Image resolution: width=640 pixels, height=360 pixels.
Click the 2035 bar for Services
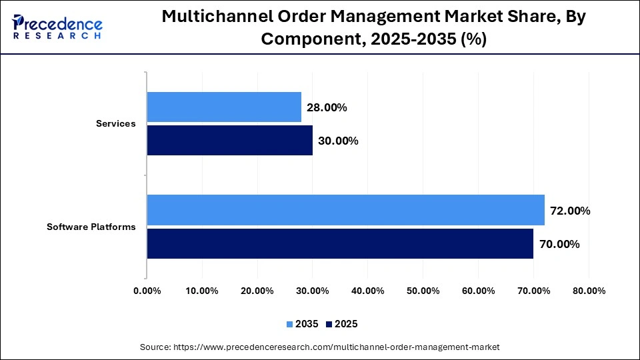click(224, 107)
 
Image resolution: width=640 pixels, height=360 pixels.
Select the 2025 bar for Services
click(229, 141)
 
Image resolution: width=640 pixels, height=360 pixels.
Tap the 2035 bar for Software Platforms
click(345, 210)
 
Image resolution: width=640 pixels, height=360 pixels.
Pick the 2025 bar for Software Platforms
click(340, 243)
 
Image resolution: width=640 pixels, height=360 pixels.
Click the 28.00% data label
click(327, 107)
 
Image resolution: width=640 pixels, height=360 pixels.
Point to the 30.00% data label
click(338, 141)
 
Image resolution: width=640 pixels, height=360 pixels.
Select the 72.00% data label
click(570, 211)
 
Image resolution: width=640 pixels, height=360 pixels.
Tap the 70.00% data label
click(559, 244)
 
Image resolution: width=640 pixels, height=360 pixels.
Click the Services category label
click(115, 123)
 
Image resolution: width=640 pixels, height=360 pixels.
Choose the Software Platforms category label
click(91, 227)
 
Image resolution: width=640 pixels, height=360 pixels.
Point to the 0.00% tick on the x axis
click(147, 291)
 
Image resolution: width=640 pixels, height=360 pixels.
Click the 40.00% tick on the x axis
click(367, 291)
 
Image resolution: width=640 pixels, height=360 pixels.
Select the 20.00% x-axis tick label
click(257, 291)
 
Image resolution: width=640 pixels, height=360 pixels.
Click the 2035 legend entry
click(303, 324)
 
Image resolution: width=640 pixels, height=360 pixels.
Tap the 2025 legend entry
click(341, 324)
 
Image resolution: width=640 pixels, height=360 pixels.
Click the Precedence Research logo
click(57, 27)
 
